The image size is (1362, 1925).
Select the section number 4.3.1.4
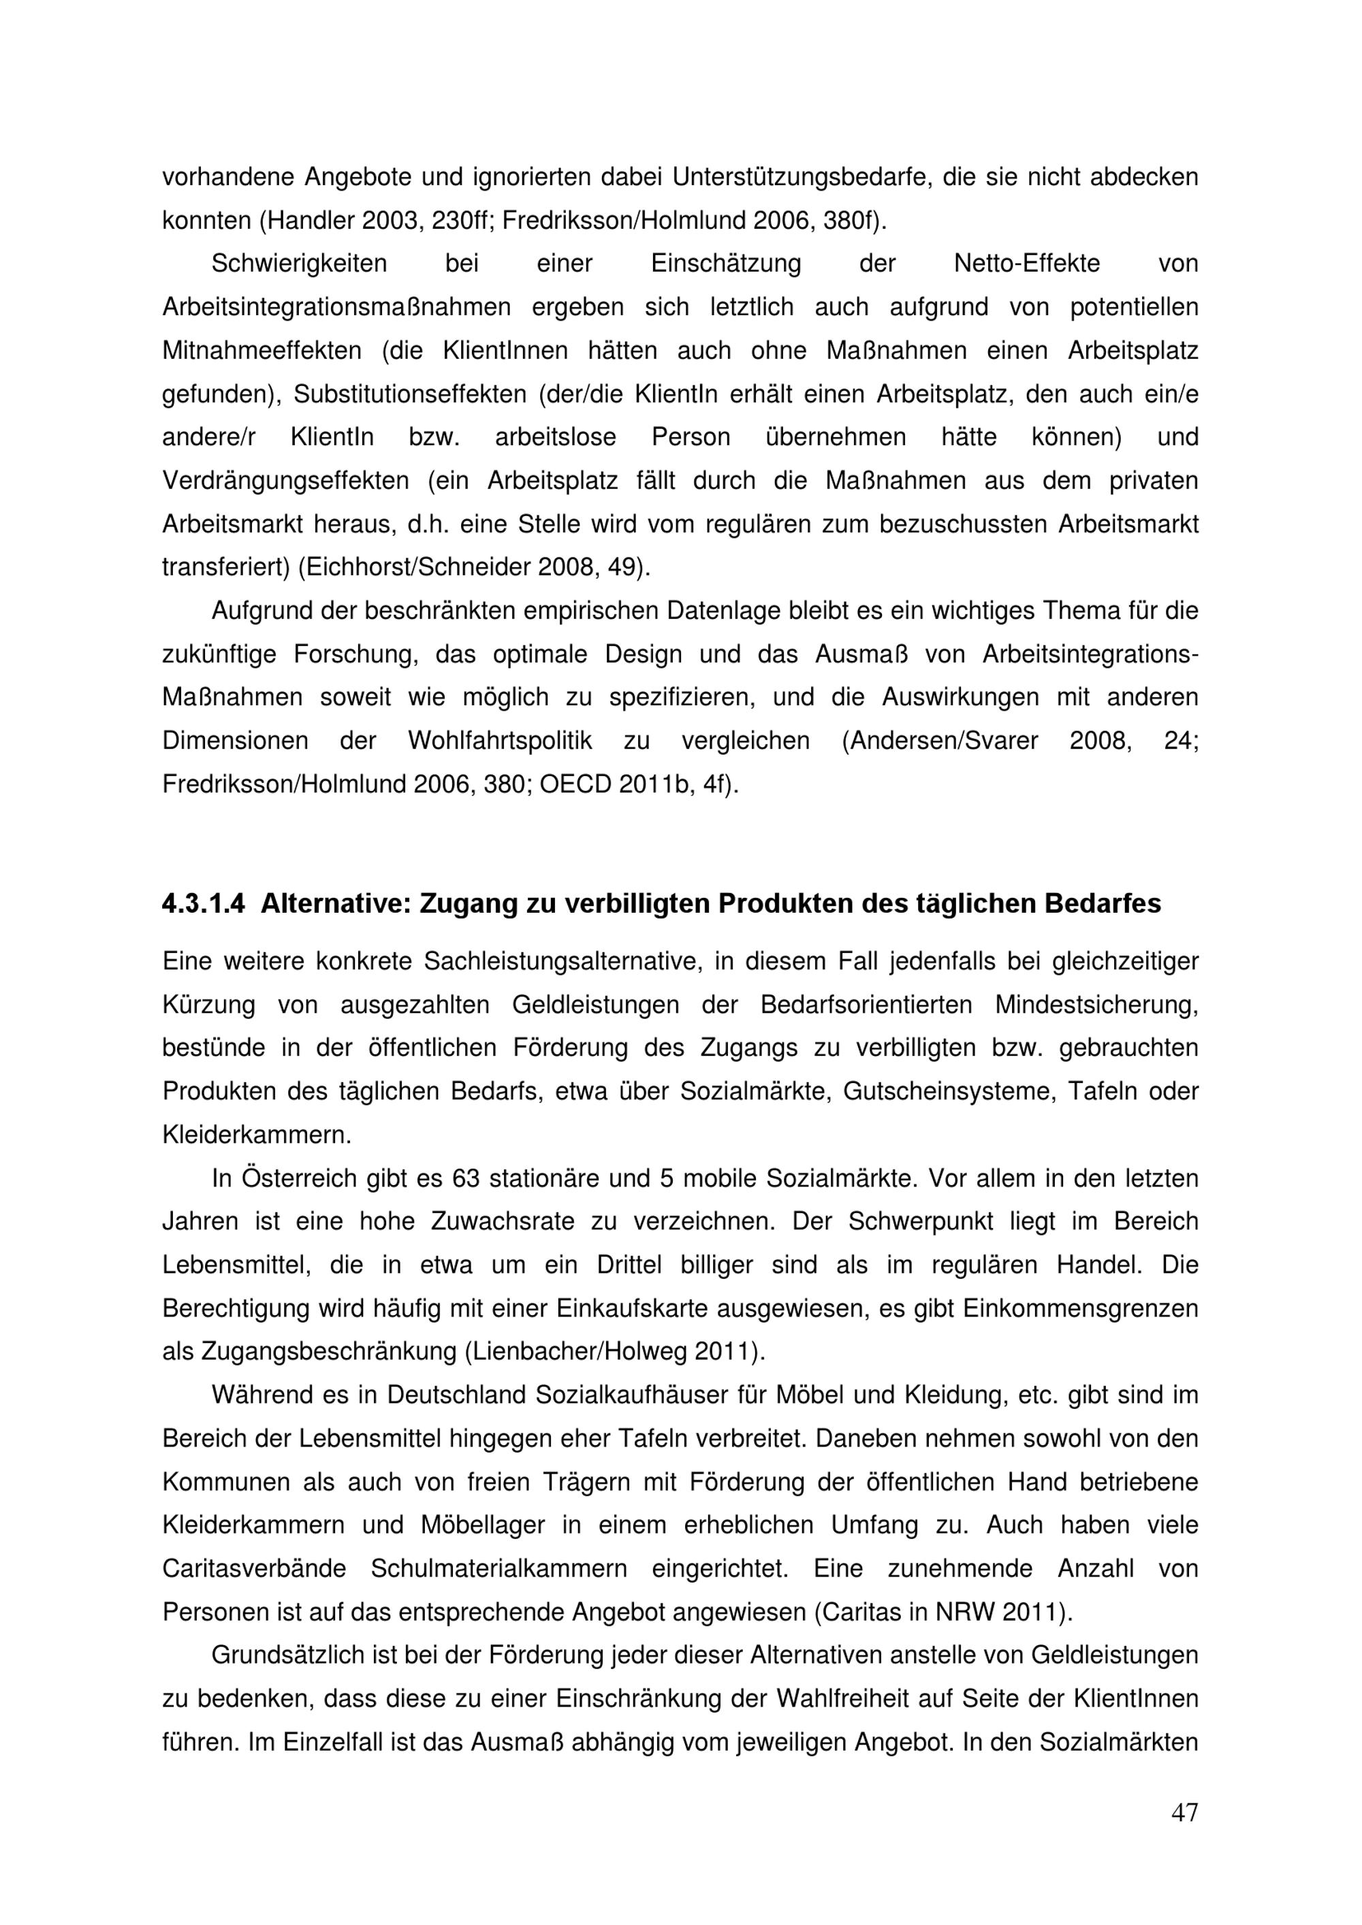[x=204, y=904]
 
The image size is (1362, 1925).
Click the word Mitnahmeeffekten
[x=262, y=351]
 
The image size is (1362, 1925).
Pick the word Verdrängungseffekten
[x=285, y=481]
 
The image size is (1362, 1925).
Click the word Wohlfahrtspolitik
[x=500, y=741]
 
